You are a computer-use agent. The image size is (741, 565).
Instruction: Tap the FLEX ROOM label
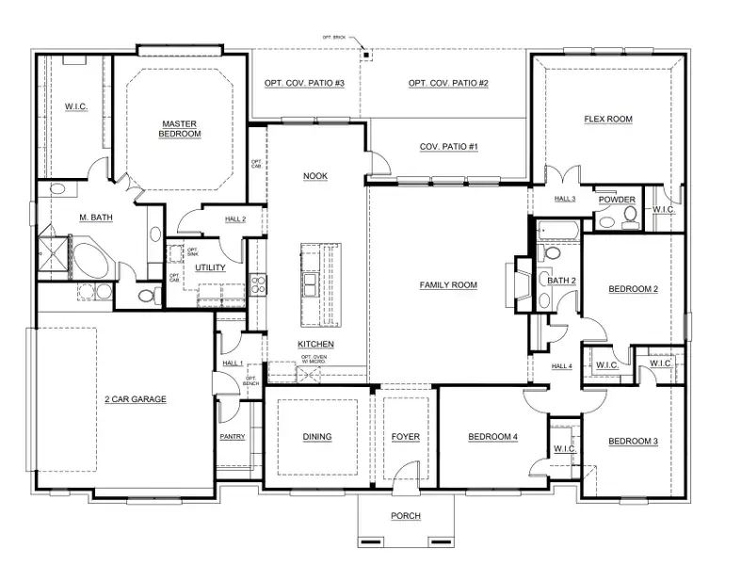pyautogui.click(x=607, y=120)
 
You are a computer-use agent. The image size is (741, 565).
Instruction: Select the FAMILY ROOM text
pyautogui.click(x=448, y=285)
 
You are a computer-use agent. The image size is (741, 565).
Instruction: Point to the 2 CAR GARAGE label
pyautogui.click(x=136, y=399)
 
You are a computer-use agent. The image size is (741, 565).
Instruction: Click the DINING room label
pyautogui.click(x=316, y=437)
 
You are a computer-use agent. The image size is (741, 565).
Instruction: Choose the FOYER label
pyautogui.click(x=405, y=437)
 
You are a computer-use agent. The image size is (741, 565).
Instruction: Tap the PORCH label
pyautogui.click(x=405, y=516)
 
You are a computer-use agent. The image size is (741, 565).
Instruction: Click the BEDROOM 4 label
pyautogui.click(x=493, y=437)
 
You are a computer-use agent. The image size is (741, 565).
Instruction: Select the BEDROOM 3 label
pyautogui.click(x=632, y=442)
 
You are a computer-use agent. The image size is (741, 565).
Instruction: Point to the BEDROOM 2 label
pyautogui.click(x=632, y=289)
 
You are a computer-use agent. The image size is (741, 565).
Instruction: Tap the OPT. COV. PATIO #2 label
pyautogui.click(x=448, y=84)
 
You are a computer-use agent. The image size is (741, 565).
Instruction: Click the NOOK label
pyautogui.click(x=315, y=176)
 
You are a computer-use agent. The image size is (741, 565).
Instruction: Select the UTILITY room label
pyautogui.click(x=210, y=268)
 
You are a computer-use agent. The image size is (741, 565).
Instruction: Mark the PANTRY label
pyautogui.click(x=233, y=437)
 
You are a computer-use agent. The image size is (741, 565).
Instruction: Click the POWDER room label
pyautogui.click(x=618, y=200)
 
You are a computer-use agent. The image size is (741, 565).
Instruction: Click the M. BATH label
pyautogui.click(x=95, y=218)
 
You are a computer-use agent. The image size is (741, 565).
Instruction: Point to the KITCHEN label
pyautogui.click(x=315, y=345)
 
